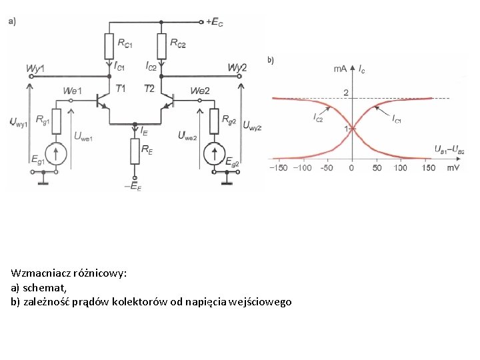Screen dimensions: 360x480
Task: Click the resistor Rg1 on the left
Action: tap(57, 121)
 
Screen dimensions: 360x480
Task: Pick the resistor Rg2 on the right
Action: tap(215, 121)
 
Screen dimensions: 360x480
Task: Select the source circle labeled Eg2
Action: tap(215, 153)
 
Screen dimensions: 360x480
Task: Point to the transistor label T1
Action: tap(121, 89)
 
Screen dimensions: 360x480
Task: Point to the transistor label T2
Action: tap(149, 89)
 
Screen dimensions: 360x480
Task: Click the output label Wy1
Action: tap(35, 69)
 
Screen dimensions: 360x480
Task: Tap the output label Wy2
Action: tap(237, 68)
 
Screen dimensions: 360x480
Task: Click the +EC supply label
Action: tap(214, 22)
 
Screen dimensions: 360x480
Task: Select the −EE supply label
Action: tap(133, 187)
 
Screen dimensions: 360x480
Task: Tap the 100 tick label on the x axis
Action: tap(400, 168)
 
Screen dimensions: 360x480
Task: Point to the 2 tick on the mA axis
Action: tap(346, 92)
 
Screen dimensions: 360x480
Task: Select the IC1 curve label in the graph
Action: tap(397, 119)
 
